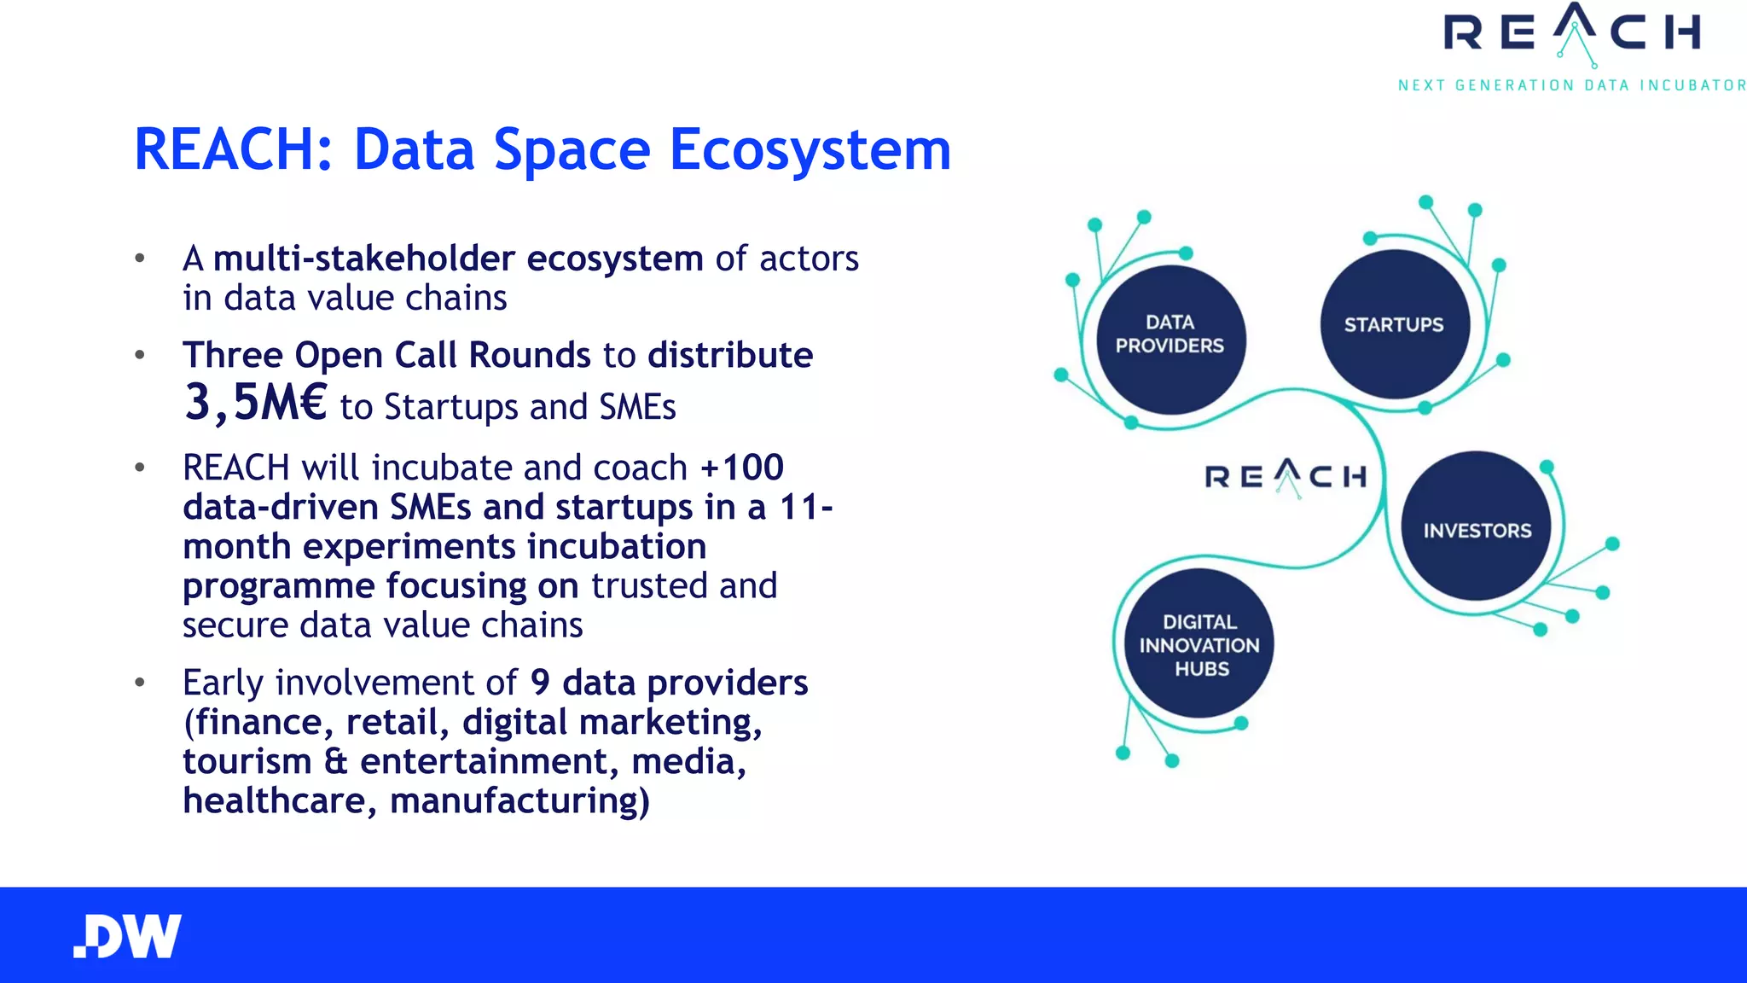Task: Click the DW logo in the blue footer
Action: tap(128, 936)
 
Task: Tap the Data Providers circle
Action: tap(1170, 340)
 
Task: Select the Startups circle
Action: tap(1394, 324)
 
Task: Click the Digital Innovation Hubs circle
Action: tap(1199, 644)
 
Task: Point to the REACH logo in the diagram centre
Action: tap(1286, 476)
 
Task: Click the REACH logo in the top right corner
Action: tap(1571, 34)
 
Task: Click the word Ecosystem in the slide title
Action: tap(810, 150)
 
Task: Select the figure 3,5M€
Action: tap(255, 403)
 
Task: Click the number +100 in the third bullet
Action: tap(741, 468)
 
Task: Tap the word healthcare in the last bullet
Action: tap(274, 801)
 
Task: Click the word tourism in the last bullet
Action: tap(247, 762)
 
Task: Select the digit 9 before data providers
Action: tap(540, 683)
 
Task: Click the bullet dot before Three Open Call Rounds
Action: tap(140, 355)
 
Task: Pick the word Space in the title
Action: tap(572, 150)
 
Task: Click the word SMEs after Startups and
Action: tap(636, 407)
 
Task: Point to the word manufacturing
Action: tap(519, 801)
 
